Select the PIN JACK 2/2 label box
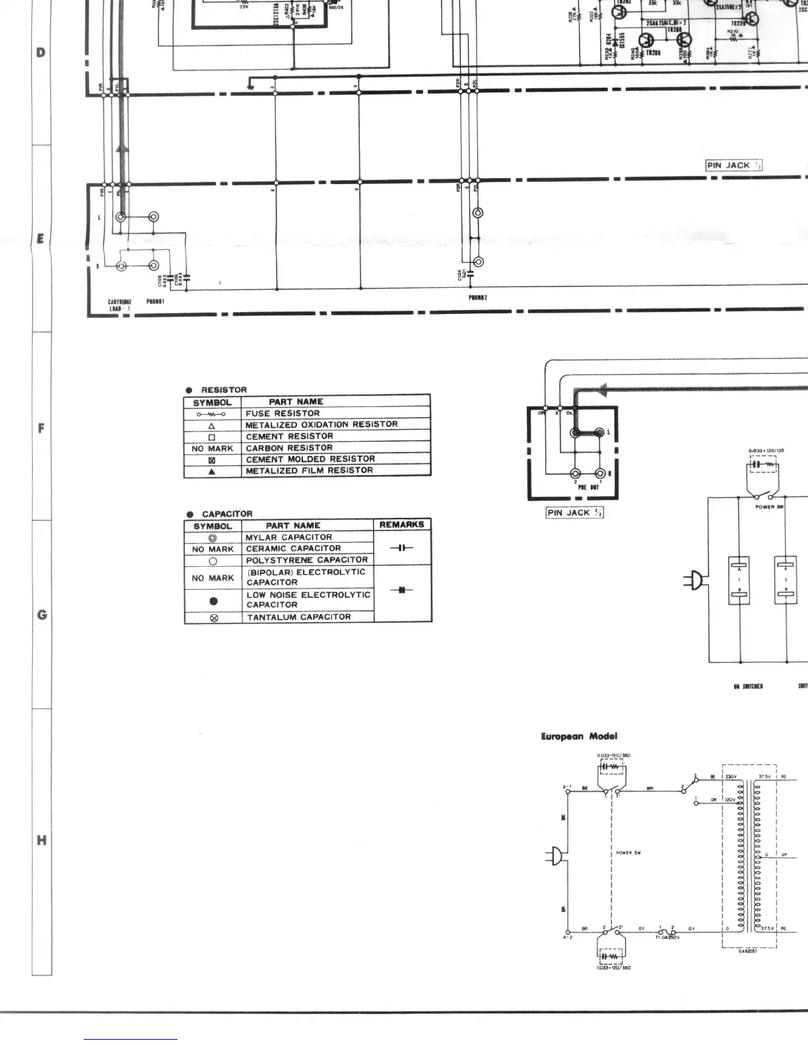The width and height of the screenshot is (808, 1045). coord(575,513)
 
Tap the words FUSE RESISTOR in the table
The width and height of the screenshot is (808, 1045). coord(283,414)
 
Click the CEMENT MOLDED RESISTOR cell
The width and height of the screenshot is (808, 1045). coord(310,459)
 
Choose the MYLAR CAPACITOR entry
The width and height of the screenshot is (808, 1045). coord(288,537)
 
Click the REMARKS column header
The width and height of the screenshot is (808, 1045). coord(401,525)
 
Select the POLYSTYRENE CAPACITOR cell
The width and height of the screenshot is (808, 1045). coord(306,560)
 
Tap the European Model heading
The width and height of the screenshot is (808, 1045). coord(579,736)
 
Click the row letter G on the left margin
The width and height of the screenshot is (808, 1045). coord(42,615)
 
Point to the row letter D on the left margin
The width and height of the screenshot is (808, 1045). coord(42,52)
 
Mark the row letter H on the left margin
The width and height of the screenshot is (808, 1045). coord(42,840)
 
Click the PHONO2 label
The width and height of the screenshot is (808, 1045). coord(478,298)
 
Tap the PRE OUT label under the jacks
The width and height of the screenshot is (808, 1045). coord(589,488)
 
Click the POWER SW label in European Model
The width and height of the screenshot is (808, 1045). coord(628,853)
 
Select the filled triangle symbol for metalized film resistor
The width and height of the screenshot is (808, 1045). coord(212,471)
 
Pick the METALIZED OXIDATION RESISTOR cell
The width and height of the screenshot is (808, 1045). coord(321,425)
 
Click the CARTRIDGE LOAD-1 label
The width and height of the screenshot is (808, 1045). coord(119,304)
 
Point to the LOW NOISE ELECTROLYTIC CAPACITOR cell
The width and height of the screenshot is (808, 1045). coord(308,600)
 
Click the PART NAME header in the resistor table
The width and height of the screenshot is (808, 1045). coord(296,402)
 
